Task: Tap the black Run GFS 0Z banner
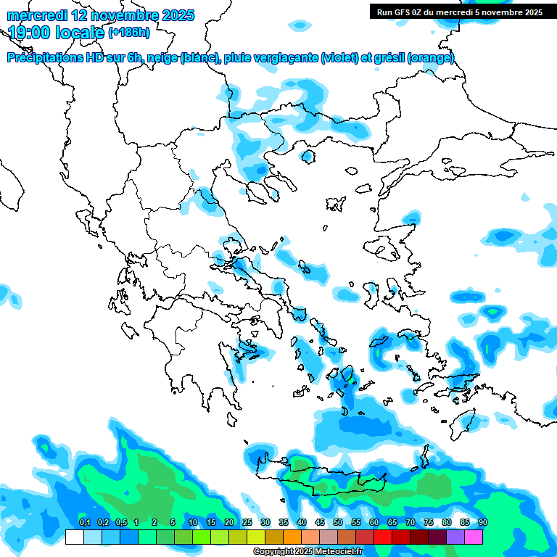(x=460, y=12)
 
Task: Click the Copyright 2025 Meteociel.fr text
(x=308, y=552)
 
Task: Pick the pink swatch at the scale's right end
(x=474, y=537)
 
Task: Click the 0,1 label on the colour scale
(x=84, y=522)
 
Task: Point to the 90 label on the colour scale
(x=483, y=522)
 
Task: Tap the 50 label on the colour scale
(x=338, y=522)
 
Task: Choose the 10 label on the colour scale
(x=193, y=522)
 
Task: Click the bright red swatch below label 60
(x=383, y=537)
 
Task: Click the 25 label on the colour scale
(x=247, y=522)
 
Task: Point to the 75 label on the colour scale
(x=429, y=522)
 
